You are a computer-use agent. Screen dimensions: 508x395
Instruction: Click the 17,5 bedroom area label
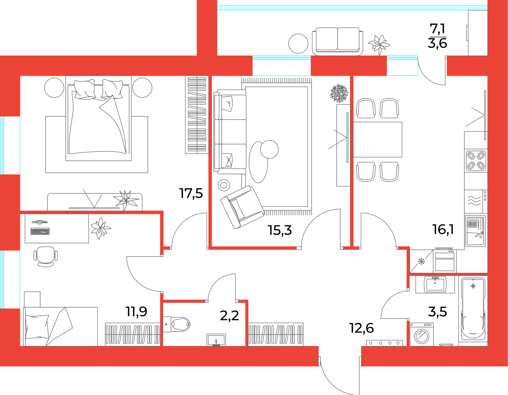coord(191,193)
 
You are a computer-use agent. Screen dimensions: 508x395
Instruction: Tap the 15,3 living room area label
coord(280,230)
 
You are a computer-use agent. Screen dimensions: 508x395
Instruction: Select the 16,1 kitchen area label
coord(443,229)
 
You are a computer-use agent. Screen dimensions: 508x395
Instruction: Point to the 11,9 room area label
coord(137,311)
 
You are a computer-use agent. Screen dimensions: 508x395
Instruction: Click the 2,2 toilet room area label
coord(229,316)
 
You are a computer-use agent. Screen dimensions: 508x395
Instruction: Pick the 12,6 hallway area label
coord(362,328)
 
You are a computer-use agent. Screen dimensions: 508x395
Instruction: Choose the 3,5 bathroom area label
coord(437,312)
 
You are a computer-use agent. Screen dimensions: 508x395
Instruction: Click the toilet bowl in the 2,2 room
coord(177,324)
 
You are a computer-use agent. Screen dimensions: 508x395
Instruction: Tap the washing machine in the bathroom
coord(421,335)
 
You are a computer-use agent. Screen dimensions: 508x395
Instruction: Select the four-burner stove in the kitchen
coord(476,161)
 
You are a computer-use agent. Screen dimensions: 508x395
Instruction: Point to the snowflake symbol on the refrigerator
coord(421,261)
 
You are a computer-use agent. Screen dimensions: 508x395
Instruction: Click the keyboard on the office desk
coord(40,232)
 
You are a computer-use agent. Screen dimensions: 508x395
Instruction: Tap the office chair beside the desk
coord(45,257)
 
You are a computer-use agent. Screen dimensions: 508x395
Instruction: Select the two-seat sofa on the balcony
coord(337,41)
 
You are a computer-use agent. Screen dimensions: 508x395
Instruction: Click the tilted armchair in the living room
coord(242,207)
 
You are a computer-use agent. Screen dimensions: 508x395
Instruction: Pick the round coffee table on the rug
coord(269,150)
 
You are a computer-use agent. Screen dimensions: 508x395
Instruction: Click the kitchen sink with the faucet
coord(475,231)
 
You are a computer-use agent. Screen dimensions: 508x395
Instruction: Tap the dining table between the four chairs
coord(378,140)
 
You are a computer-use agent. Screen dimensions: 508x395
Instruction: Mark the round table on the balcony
coord(298,44)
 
